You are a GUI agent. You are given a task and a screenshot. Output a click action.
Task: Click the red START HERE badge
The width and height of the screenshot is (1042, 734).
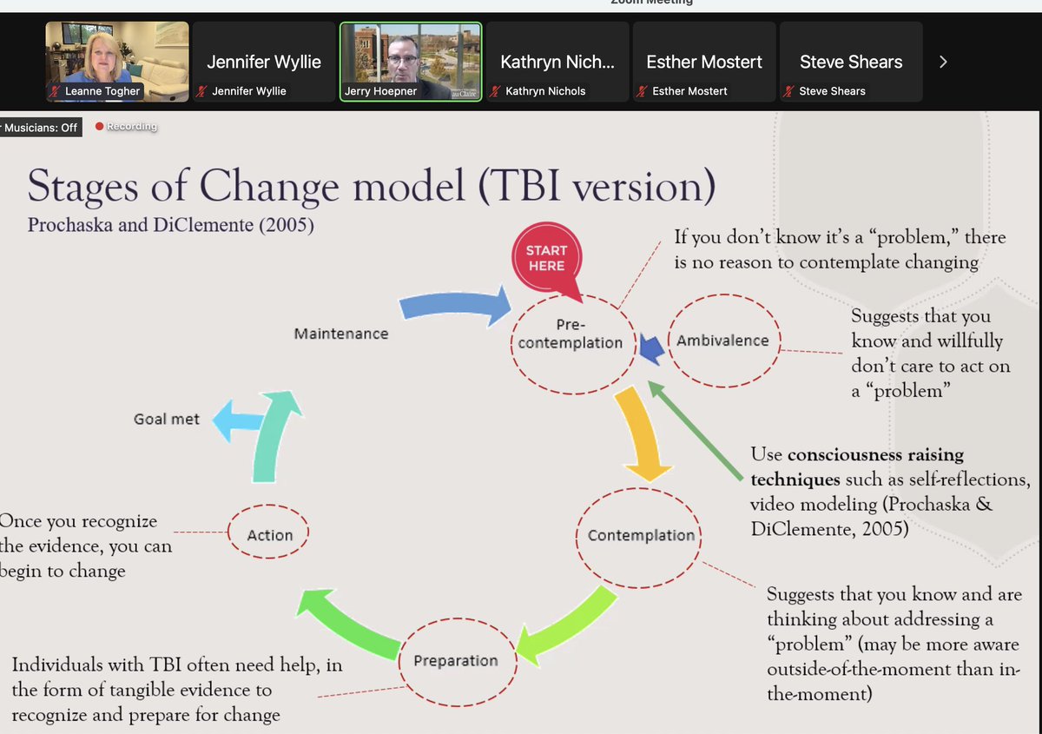(546, 257)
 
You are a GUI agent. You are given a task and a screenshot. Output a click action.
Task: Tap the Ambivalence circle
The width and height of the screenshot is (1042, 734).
(722, 341)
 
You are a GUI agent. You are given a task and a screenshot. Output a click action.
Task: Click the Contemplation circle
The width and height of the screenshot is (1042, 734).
(640, 535)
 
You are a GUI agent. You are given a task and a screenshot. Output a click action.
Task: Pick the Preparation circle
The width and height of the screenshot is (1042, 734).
(456, 660)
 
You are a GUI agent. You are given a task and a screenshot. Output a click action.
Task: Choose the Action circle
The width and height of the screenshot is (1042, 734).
(269, 535)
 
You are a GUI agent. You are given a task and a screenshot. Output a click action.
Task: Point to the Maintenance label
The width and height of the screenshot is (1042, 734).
(341, 334)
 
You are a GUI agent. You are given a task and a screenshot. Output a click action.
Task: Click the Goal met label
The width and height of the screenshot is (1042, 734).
(167, 419)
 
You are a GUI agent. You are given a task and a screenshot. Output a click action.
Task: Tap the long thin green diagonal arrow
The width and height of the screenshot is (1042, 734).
(699, 431)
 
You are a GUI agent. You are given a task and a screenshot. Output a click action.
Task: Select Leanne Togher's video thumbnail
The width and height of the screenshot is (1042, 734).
(117, 61)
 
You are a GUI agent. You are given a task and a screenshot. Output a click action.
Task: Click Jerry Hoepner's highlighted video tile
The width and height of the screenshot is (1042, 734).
(411, 61)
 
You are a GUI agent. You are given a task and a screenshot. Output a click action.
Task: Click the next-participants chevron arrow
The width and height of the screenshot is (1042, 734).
(943, 62)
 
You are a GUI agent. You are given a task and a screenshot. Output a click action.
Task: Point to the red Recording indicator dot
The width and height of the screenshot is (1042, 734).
(99, 127)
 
